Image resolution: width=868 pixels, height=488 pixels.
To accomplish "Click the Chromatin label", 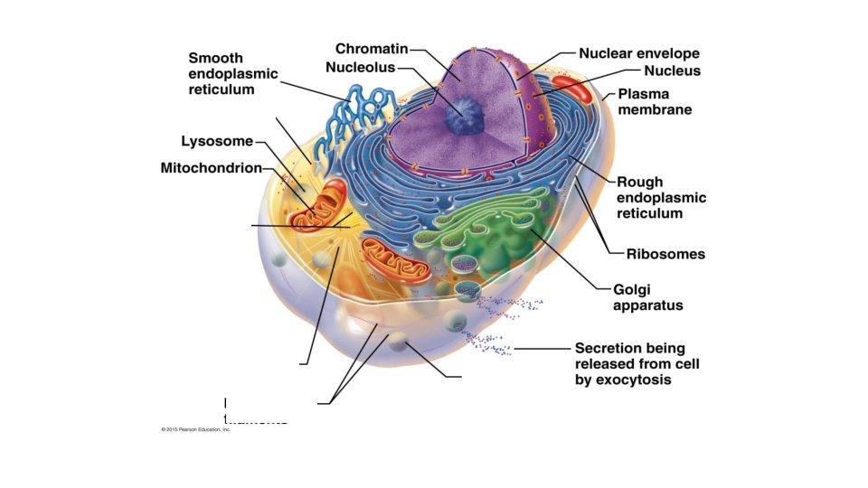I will (x=372, y=48).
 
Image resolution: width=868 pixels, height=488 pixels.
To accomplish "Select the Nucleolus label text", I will (x=361, y=68).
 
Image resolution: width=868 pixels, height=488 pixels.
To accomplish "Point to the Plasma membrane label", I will (x=655, y=101).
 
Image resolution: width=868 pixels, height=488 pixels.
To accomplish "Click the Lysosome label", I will (x=217, y=141).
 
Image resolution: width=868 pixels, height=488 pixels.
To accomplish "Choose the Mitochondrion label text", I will (x=211, y=167).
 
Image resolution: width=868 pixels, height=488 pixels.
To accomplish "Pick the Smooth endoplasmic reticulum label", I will (x=232, y=73).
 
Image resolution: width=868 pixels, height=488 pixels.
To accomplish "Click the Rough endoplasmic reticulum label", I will (x=661, y=198).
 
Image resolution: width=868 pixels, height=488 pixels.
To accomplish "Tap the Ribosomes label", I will (x=665, y=254).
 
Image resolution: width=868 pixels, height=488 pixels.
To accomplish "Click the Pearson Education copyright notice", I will (x=190, y=429).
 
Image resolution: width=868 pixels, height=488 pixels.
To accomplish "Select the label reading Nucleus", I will (x=672, y=70).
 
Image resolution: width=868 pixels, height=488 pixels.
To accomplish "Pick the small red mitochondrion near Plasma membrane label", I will (x=570, y=89).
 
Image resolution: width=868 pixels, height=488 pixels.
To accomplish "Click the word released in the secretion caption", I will (x=604, y=364).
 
